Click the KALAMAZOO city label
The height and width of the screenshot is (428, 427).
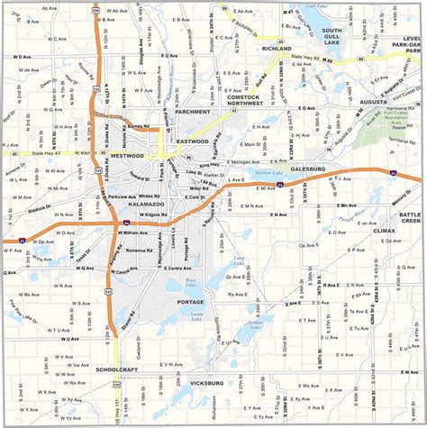tap(132, 205)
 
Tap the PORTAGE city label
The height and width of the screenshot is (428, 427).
tap(190, 300)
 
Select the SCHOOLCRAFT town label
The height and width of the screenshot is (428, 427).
tap(118, 369)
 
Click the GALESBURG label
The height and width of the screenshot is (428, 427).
tap(307, 168)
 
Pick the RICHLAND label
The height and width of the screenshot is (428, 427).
tap(276, 50)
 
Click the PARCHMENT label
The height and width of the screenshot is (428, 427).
tap(192, 112)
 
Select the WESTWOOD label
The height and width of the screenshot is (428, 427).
tap(126, 156)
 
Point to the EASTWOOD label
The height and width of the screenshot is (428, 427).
tap(193, 141)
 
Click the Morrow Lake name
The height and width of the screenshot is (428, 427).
tap(264, 170)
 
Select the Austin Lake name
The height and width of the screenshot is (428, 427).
tap(195, 314)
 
